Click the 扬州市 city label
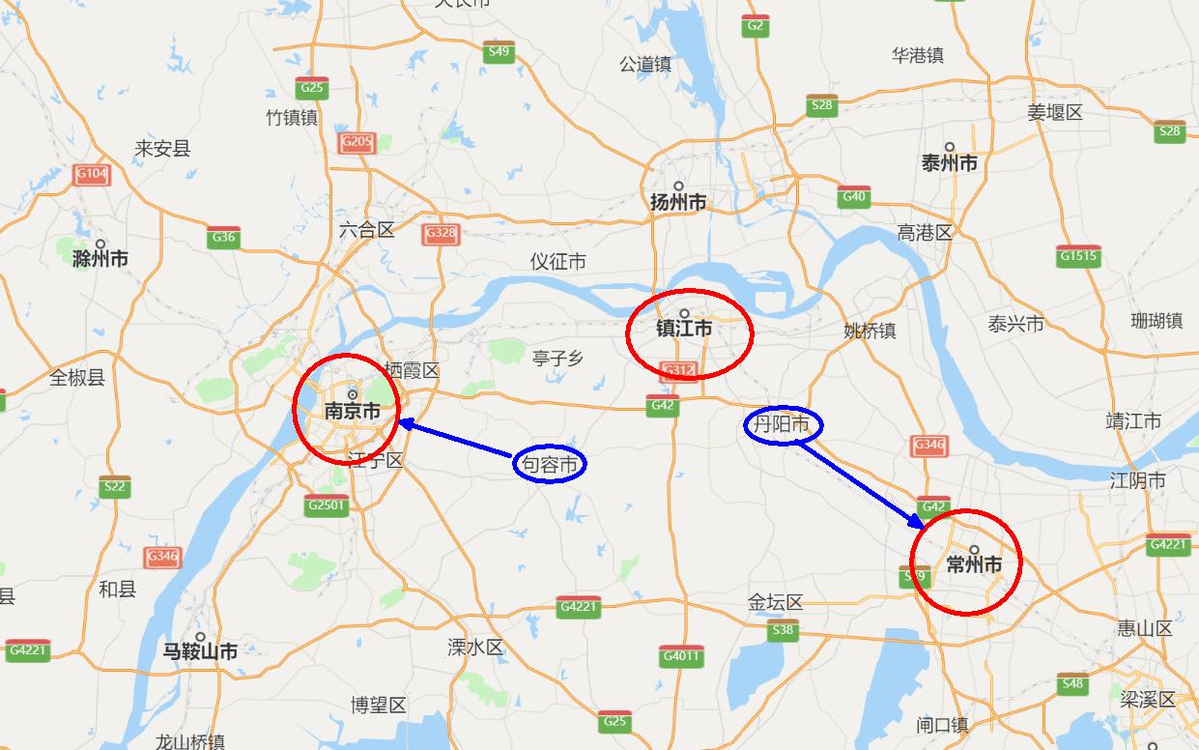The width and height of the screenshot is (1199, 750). coord(678,203)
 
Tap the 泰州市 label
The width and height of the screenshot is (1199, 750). coord(950,163)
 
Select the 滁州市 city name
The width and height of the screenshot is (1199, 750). coord(100,259)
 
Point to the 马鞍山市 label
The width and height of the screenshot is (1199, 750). coord(200,651)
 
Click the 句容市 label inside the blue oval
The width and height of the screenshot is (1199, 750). coord(549,465)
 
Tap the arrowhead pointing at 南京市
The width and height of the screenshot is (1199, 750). coord(404,422)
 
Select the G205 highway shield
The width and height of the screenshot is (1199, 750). coord(357,142)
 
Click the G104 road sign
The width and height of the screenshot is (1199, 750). coord(91,174)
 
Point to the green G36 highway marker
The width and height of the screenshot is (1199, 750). coord(223,237)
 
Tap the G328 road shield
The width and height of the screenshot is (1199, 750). coord(440,233)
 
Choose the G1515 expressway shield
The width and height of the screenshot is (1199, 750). coord(1078,256)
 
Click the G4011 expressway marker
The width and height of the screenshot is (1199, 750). coord(680,656)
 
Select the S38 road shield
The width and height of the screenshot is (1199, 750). coord(783,631)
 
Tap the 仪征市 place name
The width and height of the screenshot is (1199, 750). coord(557,262)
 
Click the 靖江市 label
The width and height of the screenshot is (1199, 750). coord(1133,421)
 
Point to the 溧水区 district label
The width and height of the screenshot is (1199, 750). coord(475,647)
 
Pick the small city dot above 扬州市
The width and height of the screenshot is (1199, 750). coord(679,187)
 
